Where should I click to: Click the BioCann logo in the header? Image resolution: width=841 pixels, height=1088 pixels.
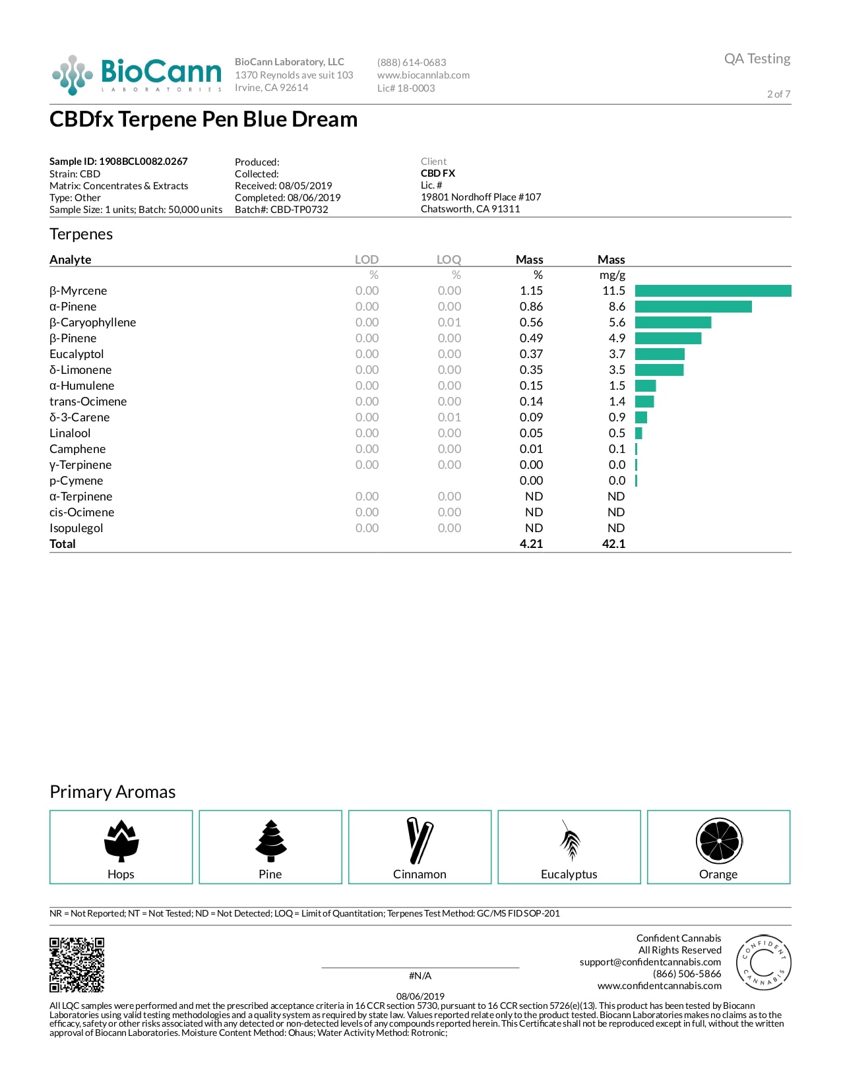[137, 75]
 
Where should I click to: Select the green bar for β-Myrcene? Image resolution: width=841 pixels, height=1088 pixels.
[712, 291]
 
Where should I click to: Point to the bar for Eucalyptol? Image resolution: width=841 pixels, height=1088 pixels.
[660, 354]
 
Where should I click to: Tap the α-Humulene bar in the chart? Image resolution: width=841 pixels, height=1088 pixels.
[645, 386]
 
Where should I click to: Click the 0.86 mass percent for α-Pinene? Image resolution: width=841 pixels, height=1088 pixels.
[531, 307]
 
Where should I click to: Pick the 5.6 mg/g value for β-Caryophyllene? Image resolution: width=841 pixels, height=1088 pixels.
[617, 322]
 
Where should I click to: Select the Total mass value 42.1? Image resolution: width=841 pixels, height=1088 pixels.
[613, 544]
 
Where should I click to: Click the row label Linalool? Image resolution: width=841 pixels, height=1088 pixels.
[70, 433]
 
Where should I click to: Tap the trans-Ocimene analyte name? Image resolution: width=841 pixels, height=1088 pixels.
[88, 402]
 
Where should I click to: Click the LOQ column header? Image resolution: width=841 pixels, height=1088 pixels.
[449, 260]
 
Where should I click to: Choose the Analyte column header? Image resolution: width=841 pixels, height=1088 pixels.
[71, 260]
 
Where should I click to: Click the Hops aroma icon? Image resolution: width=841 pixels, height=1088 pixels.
[121, 841]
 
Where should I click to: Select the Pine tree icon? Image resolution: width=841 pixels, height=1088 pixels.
[271, 841]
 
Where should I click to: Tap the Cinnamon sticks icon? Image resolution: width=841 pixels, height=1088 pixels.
[420, 841]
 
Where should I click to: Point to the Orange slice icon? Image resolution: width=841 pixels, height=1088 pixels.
[719, 841]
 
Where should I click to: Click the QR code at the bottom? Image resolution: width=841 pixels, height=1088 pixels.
[77, 965]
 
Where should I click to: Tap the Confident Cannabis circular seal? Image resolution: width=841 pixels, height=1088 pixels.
[763, 962]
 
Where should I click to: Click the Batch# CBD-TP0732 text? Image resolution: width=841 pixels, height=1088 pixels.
[281, 210]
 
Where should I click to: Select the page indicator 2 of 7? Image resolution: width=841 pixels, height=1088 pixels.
[778, 94]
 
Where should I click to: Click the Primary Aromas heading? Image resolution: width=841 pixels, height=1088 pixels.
[113, 792]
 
